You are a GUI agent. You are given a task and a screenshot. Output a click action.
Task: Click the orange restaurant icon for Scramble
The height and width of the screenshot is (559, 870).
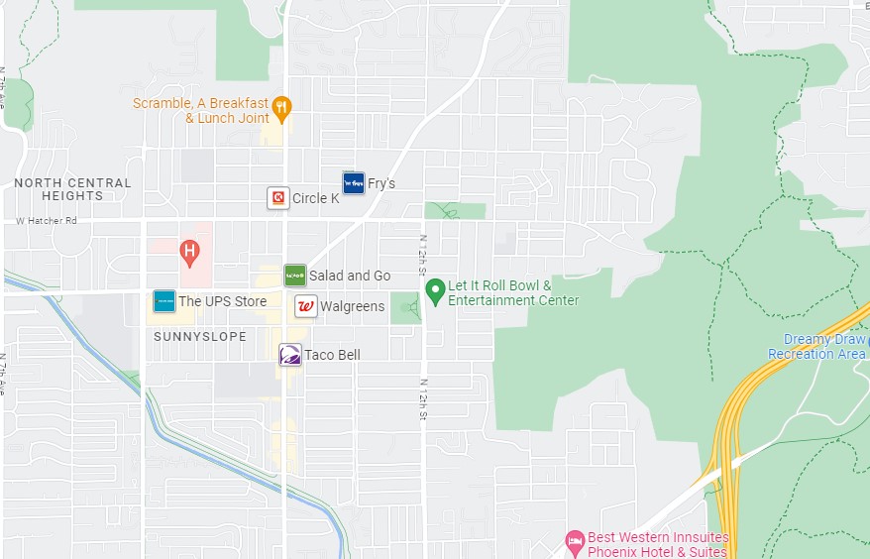[x=282, y=108]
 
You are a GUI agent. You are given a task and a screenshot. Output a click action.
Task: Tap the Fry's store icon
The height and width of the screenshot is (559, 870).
[x=354, y=182]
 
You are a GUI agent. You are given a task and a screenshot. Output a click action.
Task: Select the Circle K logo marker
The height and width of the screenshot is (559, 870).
[x=279, y=198]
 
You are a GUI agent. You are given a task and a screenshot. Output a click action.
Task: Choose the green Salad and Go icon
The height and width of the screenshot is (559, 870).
[x=294, y=275]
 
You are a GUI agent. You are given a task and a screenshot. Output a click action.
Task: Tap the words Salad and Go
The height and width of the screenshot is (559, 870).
[x=350, y=276]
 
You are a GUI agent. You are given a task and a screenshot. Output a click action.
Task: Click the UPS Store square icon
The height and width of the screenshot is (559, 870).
[x=164, y=301]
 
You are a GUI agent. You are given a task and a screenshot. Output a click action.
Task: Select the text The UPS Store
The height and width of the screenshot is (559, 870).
[x=222, y=301]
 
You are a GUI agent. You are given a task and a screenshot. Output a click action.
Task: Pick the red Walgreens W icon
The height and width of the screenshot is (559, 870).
[x=306, y=306]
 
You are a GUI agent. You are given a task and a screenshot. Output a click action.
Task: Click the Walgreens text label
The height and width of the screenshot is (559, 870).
[x=352, y=306]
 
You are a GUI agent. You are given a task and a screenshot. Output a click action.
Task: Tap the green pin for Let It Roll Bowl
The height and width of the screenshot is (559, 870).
[x=434, y=290]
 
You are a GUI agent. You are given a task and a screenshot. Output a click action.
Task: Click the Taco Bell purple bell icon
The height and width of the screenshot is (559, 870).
[x=289, y=355]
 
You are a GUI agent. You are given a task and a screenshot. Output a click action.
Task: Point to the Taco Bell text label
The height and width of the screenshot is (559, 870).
[x=332, y=355]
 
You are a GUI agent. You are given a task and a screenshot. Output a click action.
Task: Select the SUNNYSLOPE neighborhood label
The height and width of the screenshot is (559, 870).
[x=200, y=337]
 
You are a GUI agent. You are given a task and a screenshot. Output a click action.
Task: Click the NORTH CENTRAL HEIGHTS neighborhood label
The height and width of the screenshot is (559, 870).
[x=72, y=189]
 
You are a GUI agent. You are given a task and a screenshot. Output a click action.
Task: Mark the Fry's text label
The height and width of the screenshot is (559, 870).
[x=381, y=183]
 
